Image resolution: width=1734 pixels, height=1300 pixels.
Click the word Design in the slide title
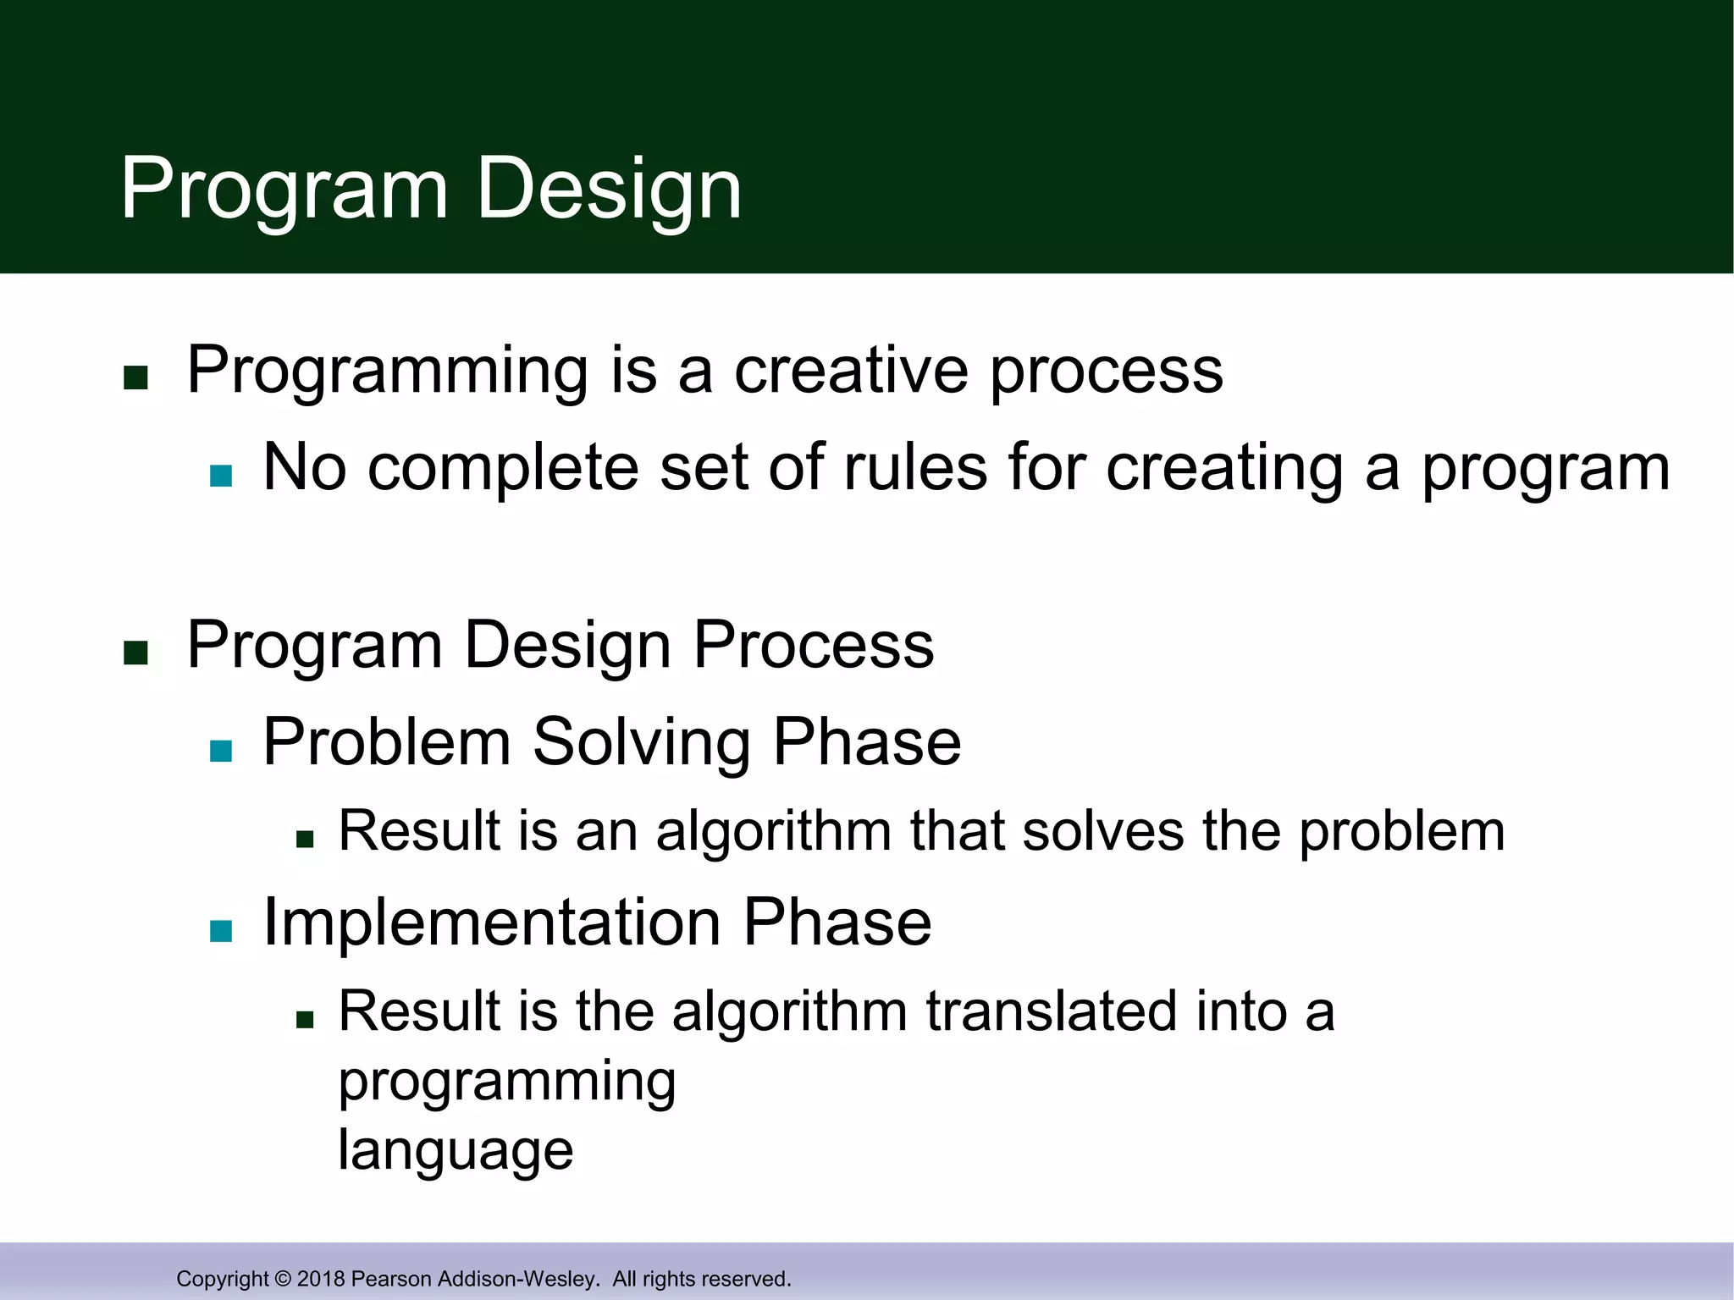(x=609, y=190)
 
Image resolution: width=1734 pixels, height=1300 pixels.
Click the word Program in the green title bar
(x=284, y=190)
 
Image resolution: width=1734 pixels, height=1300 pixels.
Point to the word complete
(x=503, y=470)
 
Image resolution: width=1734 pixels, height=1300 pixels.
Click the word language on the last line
(x=456, y=1151)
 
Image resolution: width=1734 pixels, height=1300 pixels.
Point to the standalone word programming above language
(x=507, y=1083)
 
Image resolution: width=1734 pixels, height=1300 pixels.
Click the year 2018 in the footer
(x=321, y=1279)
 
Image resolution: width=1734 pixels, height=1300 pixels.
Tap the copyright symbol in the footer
(x=283, y=1279)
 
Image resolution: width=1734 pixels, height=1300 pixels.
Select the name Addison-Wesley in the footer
(x=517, y=1279)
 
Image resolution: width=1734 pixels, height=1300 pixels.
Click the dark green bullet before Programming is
(x=135, y=377)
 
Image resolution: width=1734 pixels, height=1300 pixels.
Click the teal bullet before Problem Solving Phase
(x=221, y=751)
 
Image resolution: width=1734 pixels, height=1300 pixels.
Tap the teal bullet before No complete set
(x=221, y=476)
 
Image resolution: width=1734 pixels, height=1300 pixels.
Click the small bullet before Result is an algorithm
(x=305, y=840)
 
